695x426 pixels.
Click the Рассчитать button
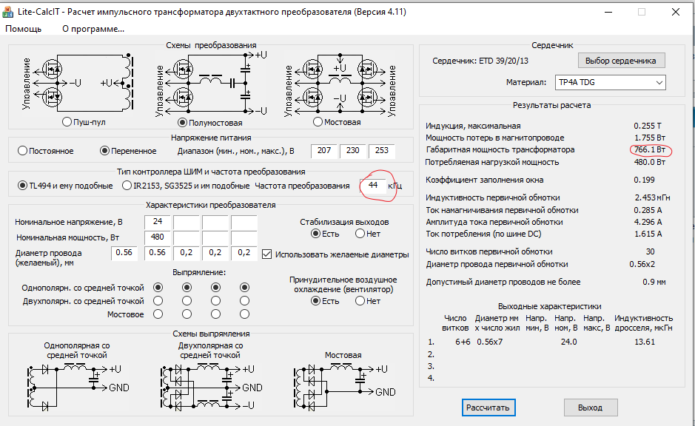tap(487, 408)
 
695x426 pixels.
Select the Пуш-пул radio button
tap(68, 122)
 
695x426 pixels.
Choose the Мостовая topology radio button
tap(318, 122)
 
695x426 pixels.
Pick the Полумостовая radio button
tap(182, 123)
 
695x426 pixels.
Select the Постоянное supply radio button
tap(22, 151)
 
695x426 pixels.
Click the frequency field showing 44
tap(373, 185)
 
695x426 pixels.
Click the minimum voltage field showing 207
tap(324, 151)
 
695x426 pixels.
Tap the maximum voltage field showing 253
tap(382, 151)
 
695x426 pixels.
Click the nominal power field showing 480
tap(158, 237)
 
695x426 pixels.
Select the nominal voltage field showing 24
tap(158, 222)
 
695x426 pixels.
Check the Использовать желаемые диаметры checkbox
tap(267, 254)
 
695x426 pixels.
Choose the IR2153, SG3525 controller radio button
tap(127, 186)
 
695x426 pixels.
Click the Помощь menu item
tap(24, 29)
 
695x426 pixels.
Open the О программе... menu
tap(93, 29)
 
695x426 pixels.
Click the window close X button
tap(676, 12)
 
